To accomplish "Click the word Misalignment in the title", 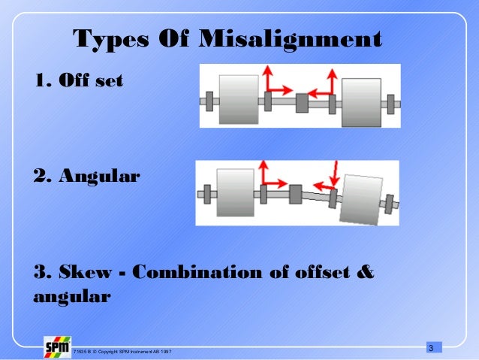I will point(291,38).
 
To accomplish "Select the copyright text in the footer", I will point(122,351).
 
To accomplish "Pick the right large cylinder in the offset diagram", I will point(361,104).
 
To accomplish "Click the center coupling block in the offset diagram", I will point(302,102).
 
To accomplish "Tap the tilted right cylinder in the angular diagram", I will point(360,199).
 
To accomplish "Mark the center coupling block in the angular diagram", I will point(296,194).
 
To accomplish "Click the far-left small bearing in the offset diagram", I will point(209,100).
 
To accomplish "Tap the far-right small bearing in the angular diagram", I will point(389,202).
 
